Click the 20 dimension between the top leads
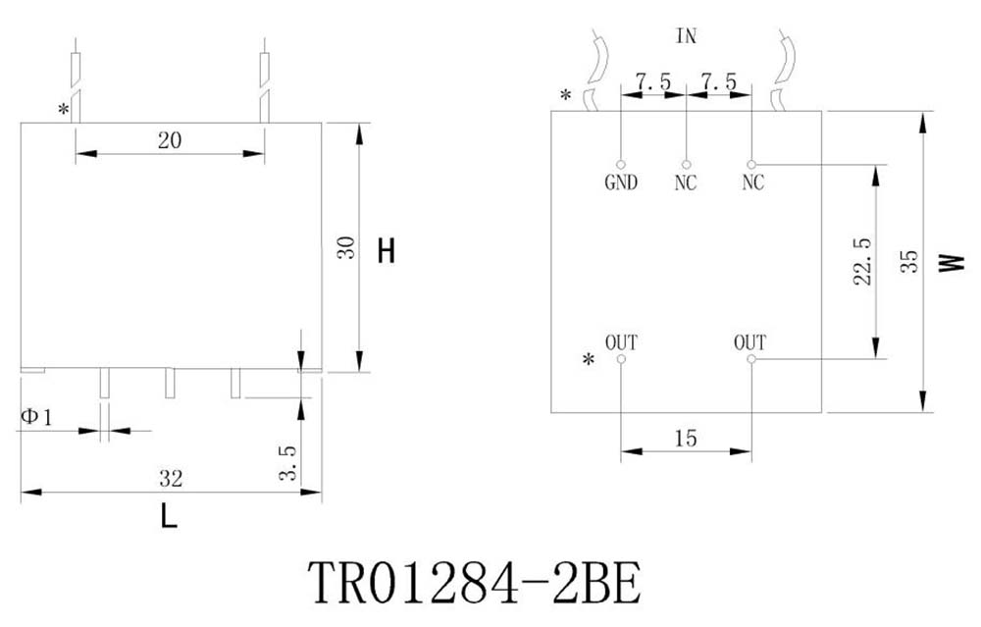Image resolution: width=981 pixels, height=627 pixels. coord(169,140)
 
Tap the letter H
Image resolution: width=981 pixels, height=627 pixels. coord(387,251)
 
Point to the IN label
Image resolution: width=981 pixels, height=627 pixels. coord(687,36)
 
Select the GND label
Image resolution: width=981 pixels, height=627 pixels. coord(621,183)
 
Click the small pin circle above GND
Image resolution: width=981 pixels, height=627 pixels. coord(621,164)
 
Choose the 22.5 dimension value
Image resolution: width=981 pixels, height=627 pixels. coord(862,261)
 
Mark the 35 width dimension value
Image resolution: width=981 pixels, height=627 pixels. coord(909,260)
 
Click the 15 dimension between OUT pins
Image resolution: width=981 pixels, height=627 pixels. coord(686,439)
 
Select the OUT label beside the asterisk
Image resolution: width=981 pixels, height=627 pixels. coord(621,342)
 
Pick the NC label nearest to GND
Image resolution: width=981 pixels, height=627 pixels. coord(686,183)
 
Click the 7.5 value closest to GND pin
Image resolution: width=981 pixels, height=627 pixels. coord(653,82)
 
